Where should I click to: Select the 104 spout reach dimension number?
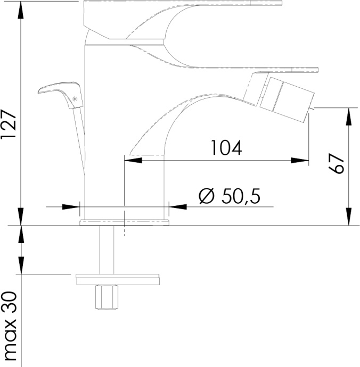click(x=226, y=148)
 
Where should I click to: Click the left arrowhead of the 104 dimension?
click(x=131, y=159)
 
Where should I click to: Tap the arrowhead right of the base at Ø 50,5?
click(x=175, y=206)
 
